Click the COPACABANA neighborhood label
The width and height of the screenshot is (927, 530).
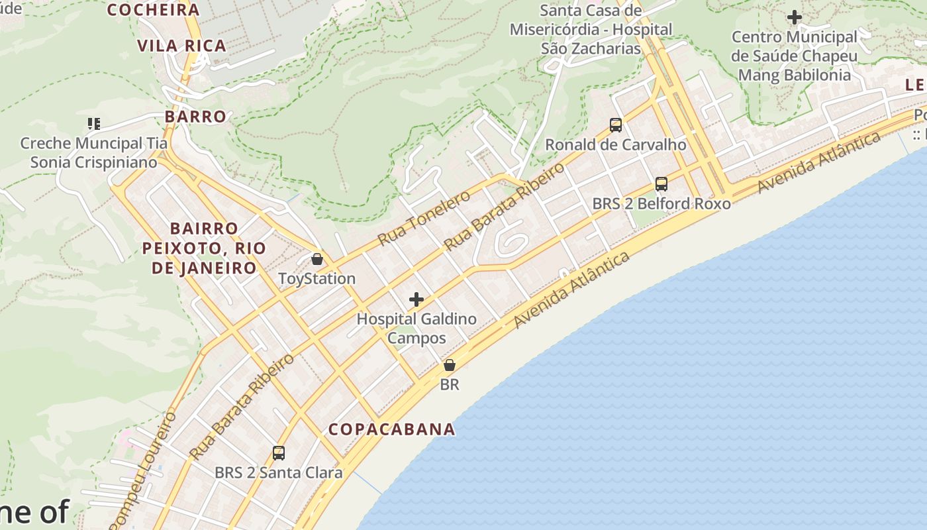point(392,429)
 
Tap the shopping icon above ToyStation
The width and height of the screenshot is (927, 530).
point(317,259)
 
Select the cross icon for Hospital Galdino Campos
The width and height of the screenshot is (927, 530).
point(416,299)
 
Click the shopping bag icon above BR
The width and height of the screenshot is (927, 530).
point(450,365)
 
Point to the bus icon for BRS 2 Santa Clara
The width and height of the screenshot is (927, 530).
point(279,453)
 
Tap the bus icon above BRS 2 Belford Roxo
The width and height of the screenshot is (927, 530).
point(661,184)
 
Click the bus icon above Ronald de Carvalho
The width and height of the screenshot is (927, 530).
point(616,125)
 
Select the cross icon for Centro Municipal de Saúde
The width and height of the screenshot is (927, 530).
point(795,17)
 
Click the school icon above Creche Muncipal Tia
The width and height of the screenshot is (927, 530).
point(93,123)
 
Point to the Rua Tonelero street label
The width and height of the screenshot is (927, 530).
point(424,217)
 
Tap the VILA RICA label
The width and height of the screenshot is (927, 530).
point(182,46)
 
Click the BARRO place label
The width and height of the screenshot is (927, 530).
point(195,117)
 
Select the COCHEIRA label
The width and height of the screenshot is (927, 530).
point(153,10)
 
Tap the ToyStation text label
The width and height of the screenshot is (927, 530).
point(317,278)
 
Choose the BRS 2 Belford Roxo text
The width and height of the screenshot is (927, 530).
point(661,203)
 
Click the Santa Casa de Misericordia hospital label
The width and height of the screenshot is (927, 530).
point(591,30)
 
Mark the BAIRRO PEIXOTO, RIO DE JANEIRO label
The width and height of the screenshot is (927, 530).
point(204,248)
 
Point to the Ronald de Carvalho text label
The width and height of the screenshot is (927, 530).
point(616,144)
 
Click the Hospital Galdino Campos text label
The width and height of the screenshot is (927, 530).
point(416,329)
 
